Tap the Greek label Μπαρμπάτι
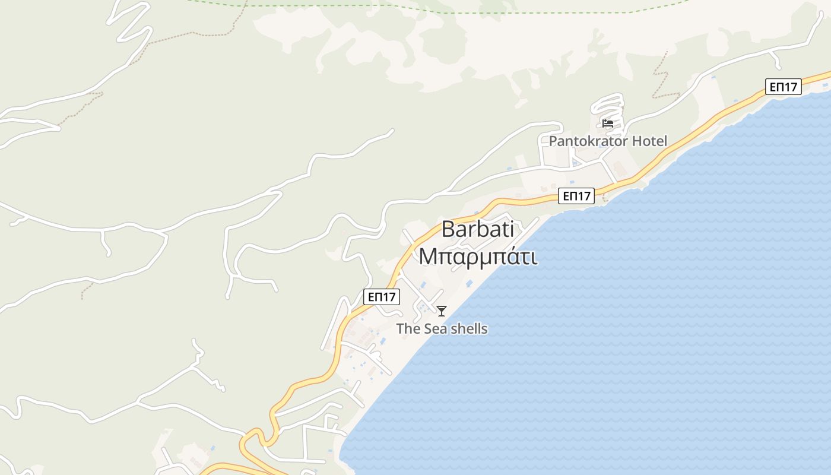coord(478,257)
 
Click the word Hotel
coord(650,141)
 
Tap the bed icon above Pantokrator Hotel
coord(607,123)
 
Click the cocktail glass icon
coord(442,311)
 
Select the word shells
coord(469,329)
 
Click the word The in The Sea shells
coord(408,329)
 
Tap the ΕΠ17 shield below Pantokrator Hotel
coord(576,196)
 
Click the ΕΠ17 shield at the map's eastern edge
coord(784,87)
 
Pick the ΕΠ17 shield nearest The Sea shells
coord(382,297)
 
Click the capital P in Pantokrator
coord(553,141)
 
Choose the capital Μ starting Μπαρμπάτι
coord(428,257)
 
